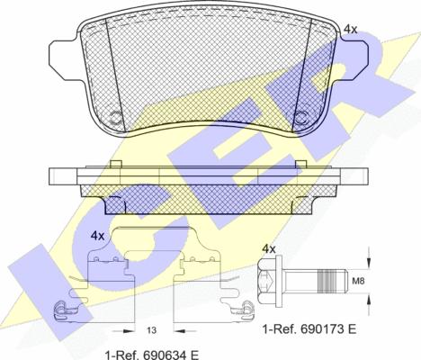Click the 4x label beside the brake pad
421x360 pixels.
(x=350, y=29)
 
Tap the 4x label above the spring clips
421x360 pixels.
(x=97, y=236)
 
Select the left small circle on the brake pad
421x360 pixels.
(x=113, y=118)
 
